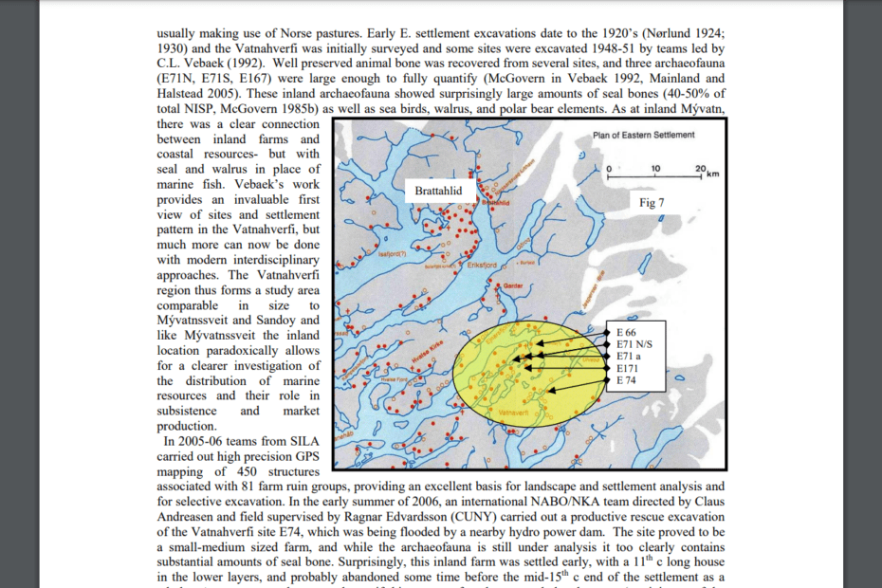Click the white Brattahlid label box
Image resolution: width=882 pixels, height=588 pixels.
[x=438, y=191]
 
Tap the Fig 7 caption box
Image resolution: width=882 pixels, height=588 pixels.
[x=652, y=203]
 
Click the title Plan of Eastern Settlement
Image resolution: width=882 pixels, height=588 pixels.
[x=643, y=135]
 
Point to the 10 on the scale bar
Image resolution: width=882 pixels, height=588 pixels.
[x=655, y=168]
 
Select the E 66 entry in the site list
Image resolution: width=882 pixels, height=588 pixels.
[x=627, y=332]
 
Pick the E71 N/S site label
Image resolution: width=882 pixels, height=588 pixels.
[x=634, y=344]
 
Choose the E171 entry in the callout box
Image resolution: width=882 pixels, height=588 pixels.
[x=628, y=368]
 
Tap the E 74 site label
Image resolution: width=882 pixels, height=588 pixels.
[x=627, y=380]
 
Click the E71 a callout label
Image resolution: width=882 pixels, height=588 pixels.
[x=629, y=356]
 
